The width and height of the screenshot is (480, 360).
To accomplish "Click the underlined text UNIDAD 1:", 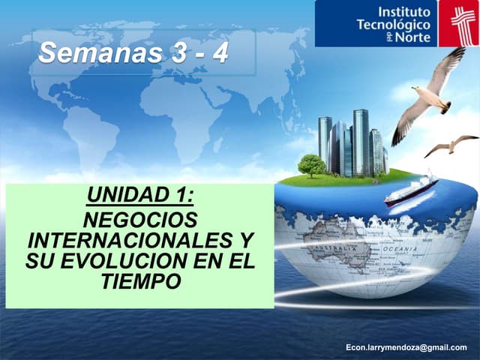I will (140, 196).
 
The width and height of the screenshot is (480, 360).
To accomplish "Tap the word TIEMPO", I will (140, 282).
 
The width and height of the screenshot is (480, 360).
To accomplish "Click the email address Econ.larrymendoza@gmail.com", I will (406, 348).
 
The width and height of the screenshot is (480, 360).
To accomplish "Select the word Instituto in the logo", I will (405, 12).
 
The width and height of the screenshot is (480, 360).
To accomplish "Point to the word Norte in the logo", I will (413, 37).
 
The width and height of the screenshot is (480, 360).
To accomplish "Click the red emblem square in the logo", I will (457, 23).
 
